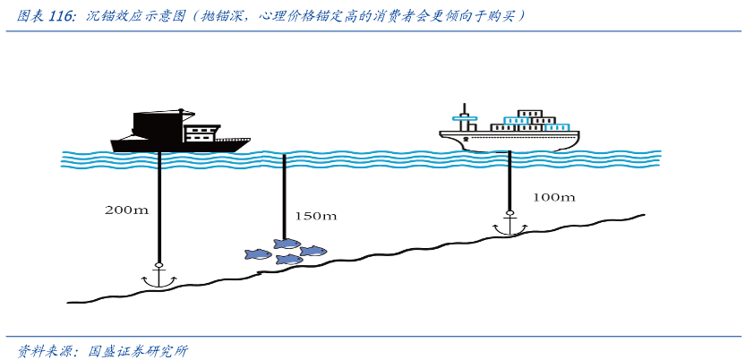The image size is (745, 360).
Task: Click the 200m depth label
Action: [126, 210]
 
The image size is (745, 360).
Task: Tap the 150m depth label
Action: [315, 216]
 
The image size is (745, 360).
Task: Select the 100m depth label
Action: [553, 197]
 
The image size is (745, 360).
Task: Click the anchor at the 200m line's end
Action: [159, 277]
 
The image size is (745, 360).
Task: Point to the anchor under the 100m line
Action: [510, 224]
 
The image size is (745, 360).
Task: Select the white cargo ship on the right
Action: [510, 133]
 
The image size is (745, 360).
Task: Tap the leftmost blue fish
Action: [258, 254]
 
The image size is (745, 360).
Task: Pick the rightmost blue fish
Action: [313, 251]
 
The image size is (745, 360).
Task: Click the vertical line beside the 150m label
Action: [284, 197]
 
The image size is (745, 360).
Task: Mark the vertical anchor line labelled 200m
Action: [159, 206]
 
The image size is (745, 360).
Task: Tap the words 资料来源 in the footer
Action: [43, 349]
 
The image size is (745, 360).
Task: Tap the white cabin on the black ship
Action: [201, 135]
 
